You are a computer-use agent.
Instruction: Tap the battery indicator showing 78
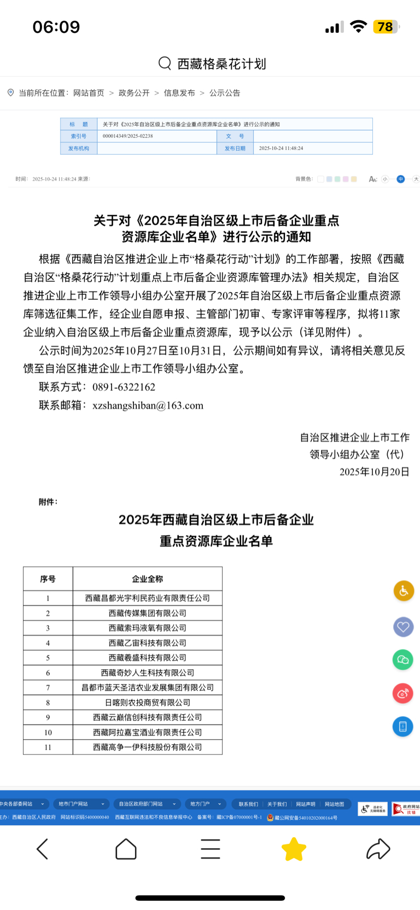click(386, 27)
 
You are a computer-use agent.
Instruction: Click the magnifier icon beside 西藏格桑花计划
click(165, 63)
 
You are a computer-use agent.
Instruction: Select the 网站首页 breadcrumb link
click(89, 93)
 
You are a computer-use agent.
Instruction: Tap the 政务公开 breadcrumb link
click(134, 93)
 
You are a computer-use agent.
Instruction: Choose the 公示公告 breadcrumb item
click(225, 93)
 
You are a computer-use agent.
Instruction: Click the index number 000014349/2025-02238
click(128, 136)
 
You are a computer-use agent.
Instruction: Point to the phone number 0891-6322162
click(124, 387)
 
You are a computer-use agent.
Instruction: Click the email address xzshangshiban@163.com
click(148, 405)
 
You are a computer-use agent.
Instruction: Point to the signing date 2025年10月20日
click(374, 472)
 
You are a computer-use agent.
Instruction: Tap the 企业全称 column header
click(147, 579)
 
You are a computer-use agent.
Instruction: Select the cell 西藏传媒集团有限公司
click(147, 613)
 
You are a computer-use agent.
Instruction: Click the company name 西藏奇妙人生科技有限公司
click(147, 673)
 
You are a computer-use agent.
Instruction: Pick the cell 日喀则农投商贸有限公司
click(147, 703)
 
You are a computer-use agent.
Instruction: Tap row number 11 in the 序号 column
click(48, 747)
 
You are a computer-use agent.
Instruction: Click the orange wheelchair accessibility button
click(404, 591)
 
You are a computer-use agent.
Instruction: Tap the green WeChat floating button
click(403, 660)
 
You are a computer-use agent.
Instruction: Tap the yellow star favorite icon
click(294, 849)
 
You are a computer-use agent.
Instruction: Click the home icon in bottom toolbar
click(126, 849)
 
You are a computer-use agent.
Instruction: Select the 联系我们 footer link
click(248, 804)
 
